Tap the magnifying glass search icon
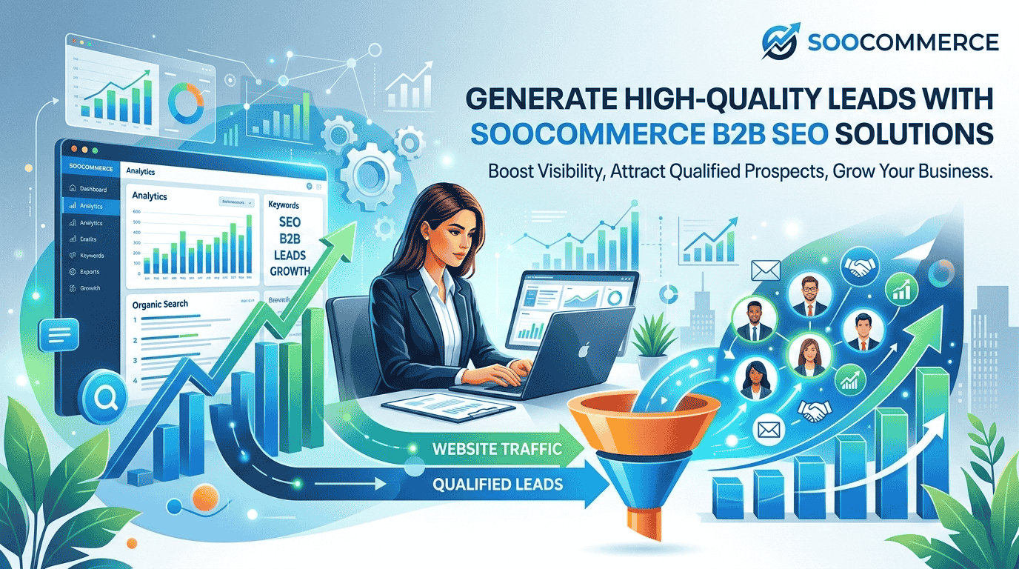[x=103, y=401]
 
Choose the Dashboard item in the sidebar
[x=93, y=190]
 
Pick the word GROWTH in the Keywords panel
[x=290, y=270]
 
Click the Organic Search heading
[x=160, y=304]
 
